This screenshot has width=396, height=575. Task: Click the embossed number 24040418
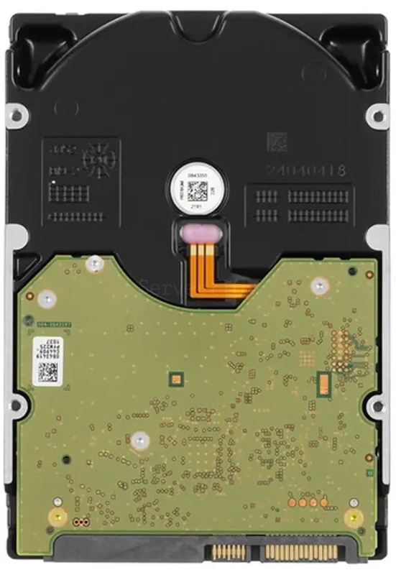click(x=306, y=170)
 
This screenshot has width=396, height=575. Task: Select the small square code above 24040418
click(x=277, y=141)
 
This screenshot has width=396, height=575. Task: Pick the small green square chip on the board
click(x=175, y=377)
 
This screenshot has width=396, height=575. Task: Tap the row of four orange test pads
click(x=308, y=502)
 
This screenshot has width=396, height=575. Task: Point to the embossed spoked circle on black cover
click(x=96, y=160)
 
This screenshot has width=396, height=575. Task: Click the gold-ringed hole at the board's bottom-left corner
click(x=57, y=516)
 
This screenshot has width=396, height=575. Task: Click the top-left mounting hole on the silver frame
click(x=16, y=114)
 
